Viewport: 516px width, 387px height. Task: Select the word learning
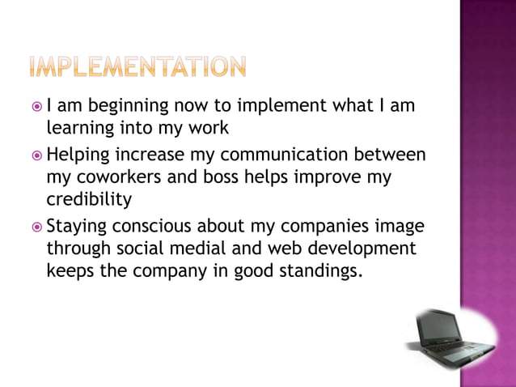coord(80,127)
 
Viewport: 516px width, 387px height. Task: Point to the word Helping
coord(78,155)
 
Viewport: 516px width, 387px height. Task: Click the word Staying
coord(76,226)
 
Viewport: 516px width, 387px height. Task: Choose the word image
coord(398,226)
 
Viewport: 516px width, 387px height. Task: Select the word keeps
coord(70,270)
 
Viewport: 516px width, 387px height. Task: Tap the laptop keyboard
coord(462,347)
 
